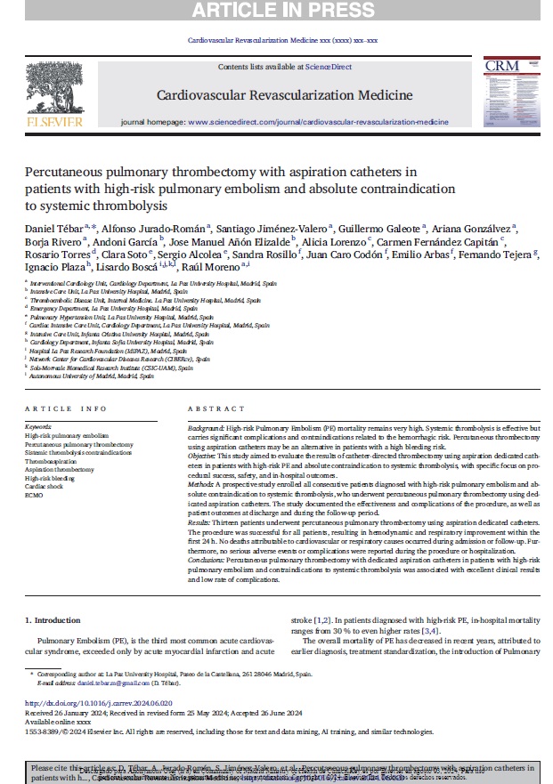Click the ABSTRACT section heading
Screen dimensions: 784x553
point(216,409)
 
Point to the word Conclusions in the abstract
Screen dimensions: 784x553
point(207,562)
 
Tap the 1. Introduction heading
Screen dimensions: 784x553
point(52,619)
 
